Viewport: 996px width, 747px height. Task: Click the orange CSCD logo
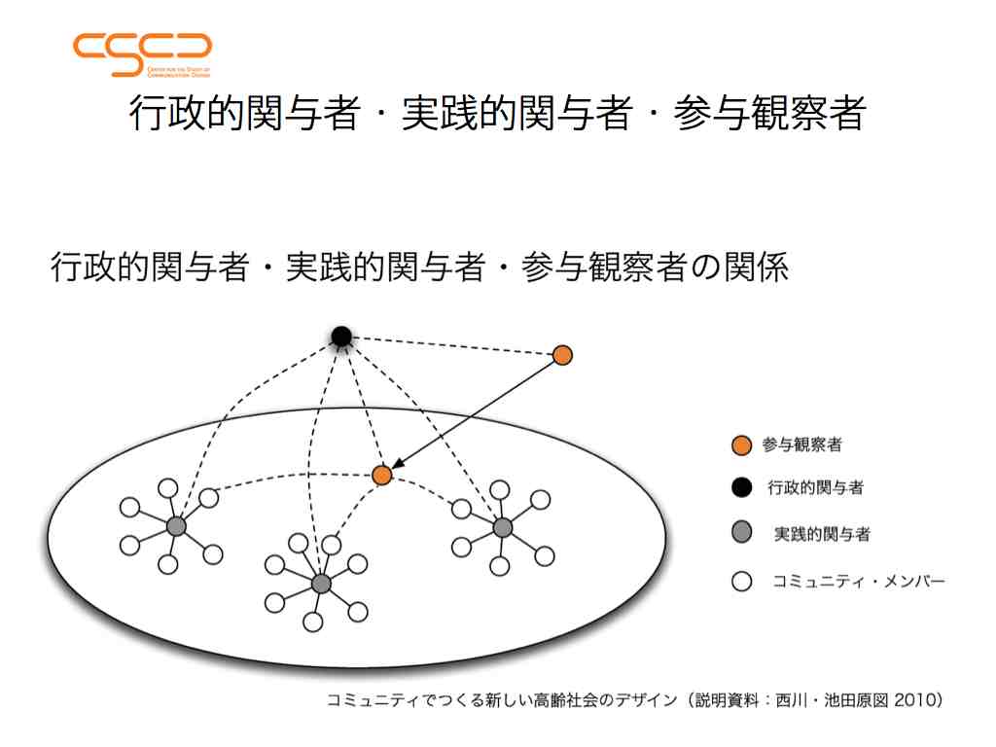pyautogui.click(x=142, y=55)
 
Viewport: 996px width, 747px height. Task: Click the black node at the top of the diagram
pyautogui.click(x=341, y=336)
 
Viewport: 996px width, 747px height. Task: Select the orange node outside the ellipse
pyautogui.click(x=562, y=355)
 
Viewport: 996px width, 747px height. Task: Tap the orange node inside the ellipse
pyautogui.click(x=381, y=475)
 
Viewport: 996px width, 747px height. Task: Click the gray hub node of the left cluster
pyautogui.click(x=176, y=526)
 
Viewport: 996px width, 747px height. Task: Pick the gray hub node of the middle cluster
pyautogui.click(x=321, y=584)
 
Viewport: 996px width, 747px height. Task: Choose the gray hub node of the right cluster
pyautogui.click(x=503, y=527)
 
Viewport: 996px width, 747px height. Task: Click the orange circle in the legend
pyautogui.click(x=741, y=445)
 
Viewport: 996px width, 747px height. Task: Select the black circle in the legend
pyautogui.click(x=741, y=488)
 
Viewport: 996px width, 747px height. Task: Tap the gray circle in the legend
pyautogui.click(x=741, y=532)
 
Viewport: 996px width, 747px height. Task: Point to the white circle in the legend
pyautogui.click(x=741, y=581)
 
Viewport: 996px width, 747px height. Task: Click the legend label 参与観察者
pyautogui.click(x=802, y=445)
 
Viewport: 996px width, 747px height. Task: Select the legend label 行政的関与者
pyautogui.click(x=816, y=488)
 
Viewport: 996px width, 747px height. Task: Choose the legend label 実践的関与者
pyautogui.click(x=822, y=534)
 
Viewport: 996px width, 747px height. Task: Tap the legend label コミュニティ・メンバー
pyautogui.click(x=859, y=581)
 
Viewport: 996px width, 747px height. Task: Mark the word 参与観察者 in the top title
pyautogui.click(x=770, y=113)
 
